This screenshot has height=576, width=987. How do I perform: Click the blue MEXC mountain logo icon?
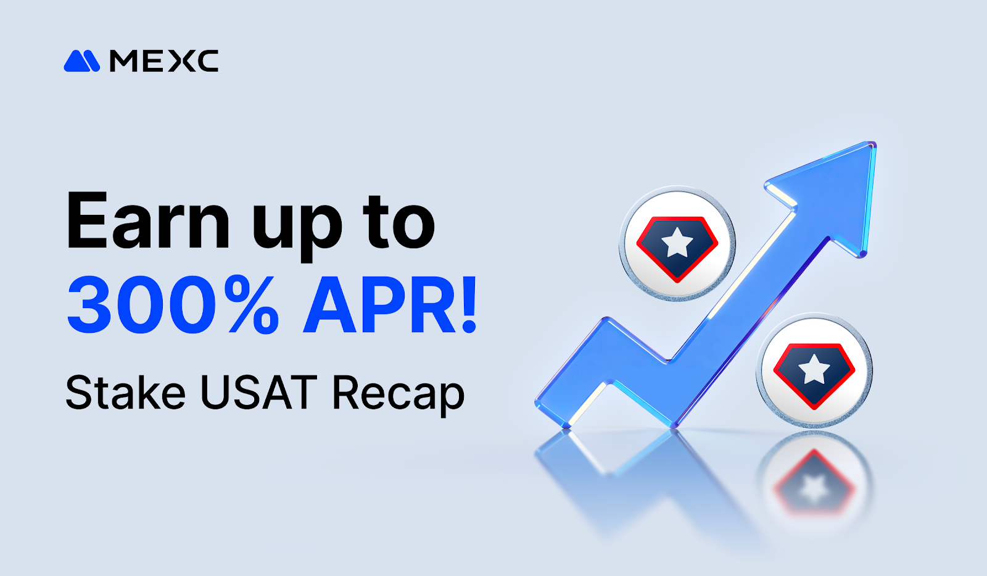(x=81, y=61)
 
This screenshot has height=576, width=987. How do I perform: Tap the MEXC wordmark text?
(x=163, y=61)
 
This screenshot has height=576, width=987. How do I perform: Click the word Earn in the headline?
(x=148, y=221)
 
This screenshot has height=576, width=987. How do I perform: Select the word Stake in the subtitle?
(x=126, y=393)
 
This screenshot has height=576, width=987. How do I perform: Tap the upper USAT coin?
(x=677, y=243)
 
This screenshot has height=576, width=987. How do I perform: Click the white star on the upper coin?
(x=677, y=242)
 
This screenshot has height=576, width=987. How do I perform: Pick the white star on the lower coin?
(x=814, y=369)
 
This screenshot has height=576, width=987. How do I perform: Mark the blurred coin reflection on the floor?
(x=814, y=482)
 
